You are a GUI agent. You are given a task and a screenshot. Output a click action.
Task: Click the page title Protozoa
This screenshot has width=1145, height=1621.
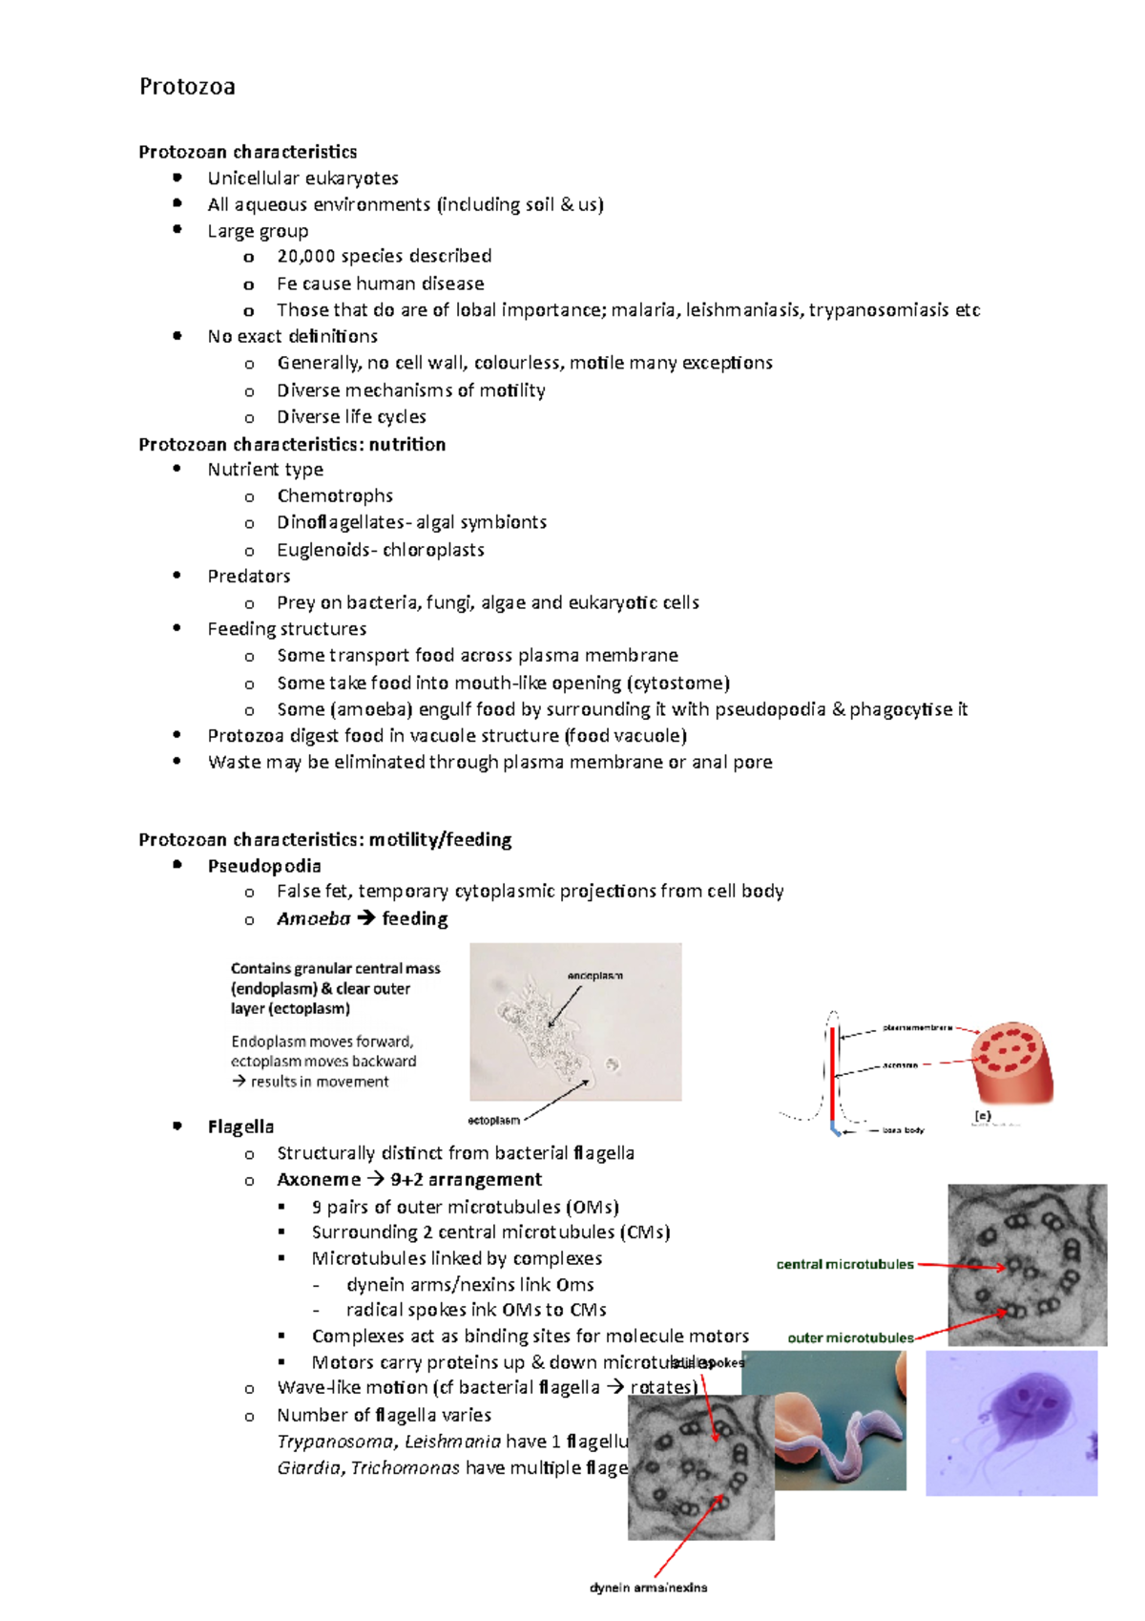click(187, 87)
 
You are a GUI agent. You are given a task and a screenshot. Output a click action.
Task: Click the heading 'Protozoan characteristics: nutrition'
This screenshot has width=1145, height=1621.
click(292, 444)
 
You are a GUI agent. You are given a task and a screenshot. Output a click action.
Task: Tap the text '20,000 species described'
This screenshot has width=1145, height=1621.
click(384, 256)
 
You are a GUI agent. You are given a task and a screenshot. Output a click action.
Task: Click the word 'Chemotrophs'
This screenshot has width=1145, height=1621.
click(335, 495)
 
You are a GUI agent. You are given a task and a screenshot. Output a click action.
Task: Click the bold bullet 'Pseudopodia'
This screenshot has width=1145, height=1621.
click(264, 866)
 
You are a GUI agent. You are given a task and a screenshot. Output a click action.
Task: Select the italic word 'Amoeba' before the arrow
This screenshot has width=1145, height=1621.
click(313, 918)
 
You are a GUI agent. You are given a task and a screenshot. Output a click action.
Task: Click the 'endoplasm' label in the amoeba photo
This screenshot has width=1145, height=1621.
click(594, 976)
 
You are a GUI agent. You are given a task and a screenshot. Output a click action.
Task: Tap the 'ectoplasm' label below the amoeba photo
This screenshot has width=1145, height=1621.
click(493, 1120)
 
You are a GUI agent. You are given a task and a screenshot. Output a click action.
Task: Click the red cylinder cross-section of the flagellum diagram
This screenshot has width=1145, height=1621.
click(1011, 1062)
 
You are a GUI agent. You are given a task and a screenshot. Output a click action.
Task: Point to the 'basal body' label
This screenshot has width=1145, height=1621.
click(903, 1130)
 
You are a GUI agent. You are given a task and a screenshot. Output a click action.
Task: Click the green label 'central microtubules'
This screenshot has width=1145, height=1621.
click(844, 1264)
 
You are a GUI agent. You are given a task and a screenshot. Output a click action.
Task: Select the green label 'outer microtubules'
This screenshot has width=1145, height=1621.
click(850, 1337)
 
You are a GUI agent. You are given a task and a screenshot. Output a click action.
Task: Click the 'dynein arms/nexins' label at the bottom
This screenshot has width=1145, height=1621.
click(648, 1588)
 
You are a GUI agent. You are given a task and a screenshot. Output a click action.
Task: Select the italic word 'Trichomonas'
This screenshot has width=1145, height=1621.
click(405, 1467)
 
